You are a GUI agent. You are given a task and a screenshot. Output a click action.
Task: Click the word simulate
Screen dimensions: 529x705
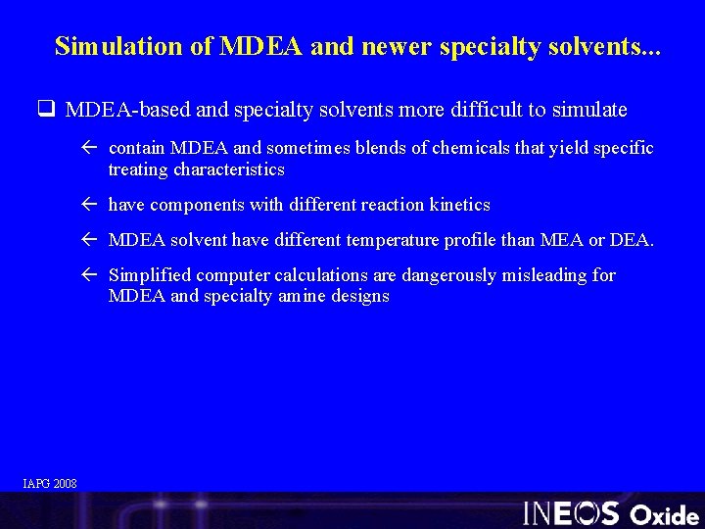[591, 110]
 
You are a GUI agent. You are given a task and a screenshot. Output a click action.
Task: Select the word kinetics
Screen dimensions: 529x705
[459, 205]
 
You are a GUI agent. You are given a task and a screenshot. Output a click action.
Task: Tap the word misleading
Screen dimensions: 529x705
[547, 275]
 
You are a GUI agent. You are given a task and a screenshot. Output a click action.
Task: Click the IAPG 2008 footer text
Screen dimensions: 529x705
[50, 482]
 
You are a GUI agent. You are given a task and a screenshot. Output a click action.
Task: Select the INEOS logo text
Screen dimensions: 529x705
[571, 512]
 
